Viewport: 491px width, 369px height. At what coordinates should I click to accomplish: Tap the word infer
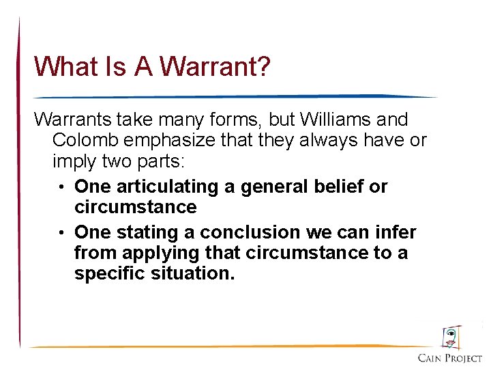(x=398, y=232)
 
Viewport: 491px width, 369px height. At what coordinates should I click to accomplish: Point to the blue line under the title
(x=232, y=97)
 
